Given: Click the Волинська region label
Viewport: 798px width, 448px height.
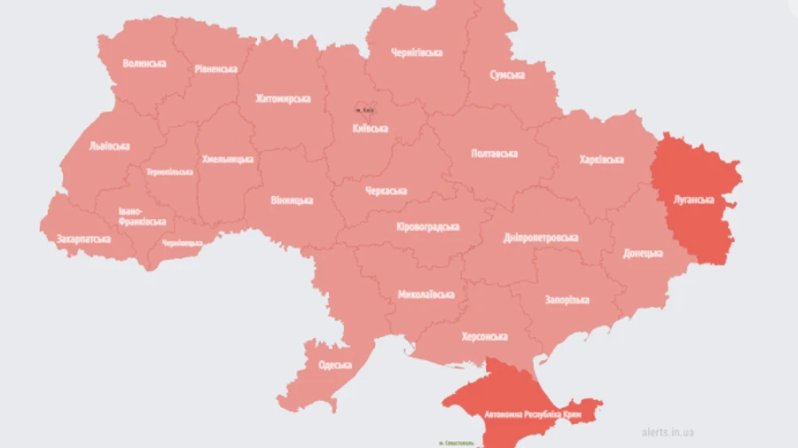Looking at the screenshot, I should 145,64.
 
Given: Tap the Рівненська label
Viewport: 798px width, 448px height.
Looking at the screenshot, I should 215,69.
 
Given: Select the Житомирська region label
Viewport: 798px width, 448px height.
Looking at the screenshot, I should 283,98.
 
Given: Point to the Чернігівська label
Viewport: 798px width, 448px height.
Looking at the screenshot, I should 417,52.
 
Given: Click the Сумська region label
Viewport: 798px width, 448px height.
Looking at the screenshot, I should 507,75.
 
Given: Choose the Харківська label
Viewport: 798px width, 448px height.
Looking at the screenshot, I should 601,160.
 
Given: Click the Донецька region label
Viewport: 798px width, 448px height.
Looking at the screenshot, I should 643,253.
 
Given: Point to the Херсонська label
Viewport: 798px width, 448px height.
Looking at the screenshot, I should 484,337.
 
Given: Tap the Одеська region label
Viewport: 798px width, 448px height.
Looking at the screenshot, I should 334,365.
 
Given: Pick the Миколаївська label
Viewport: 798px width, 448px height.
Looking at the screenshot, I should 426,295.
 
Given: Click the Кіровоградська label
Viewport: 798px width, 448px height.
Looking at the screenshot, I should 427,227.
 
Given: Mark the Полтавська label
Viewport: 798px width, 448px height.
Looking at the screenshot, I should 493,153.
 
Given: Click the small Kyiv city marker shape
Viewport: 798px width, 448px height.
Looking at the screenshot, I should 364,102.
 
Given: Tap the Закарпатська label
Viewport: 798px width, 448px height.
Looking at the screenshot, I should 83,239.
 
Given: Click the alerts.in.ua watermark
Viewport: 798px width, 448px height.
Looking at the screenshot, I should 668,433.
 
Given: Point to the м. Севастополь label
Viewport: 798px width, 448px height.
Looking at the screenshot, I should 458,442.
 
